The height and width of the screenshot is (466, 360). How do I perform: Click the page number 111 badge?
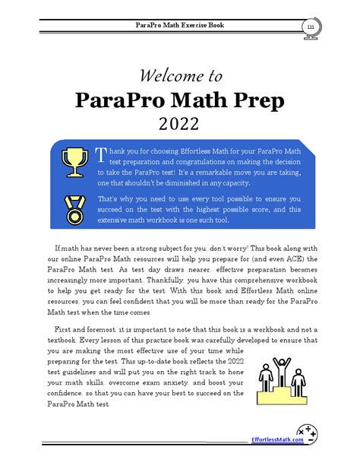[311, 27]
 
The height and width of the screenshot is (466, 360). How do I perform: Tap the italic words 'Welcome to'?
[180, 75]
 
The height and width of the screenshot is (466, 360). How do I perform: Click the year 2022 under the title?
[180, 123]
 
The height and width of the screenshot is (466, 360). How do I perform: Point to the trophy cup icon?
[73, 160]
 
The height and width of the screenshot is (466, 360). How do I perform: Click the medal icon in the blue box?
[73, 206]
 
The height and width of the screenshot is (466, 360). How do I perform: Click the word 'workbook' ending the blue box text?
[208, 220]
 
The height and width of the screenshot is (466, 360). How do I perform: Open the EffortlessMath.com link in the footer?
[276, 439]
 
